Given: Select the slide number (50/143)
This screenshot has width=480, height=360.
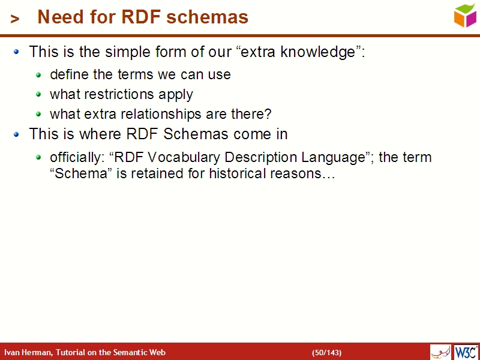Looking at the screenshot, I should pyautogui.click(x=326, y=352).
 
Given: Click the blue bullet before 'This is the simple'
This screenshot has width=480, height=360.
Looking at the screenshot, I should pyautogui.click(x=17, y=52).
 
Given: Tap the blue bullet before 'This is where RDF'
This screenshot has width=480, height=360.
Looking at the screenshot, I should pyautogui.click(x=17, y=134).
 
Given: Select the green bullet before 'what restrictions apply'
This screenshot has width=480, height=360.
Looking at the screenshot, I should pyautogui.click(x=39, y=95).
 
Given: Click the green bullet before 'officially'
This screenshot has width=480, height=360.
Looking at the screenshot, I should pyautogui.click(x=39, y=158).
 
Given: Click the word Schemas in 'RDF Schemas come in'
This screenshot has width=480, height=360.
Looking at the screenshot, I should pyautogui.click(x=199, y=134).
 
